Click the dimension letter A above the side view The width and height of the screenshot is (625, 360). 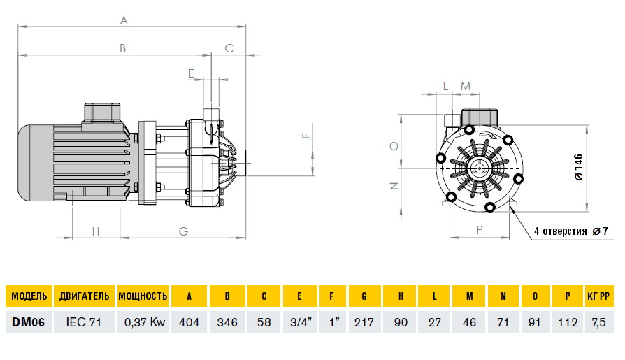tap(124, 21)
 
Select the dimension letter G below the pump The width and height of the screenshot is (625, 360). tap(183, 231)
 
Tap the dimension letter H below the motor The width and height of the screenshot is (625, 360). tap(96, 231)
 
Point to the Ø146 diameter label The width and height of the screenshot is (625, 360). tap(579, 168)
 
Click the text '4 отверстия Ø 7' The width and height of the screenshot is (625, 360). tap(570, 231)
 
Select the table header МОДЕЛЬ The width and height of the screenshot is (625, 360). tap(29, 296)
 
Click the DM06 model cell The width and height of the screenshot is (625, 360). tap(29, 323)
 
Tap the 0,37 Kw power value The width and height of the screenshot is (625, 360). tap(143, 323)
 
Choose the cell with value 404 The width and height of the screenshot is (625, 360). tap(189, 323)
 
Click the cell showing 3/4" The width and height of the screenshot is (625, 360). tap(299, 323)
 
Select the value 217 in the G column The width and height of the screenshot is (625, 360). tap(365, 323)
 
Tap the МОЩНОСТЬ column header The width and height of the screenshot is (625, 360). tap(143, 296)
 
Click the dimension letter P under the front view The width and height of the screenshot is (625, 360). tap(479, 229)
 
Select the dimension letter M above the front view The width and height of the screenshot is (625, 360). tap(466, 86)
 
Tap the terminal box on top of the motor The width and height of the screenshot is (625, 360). tap(103, 113)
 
